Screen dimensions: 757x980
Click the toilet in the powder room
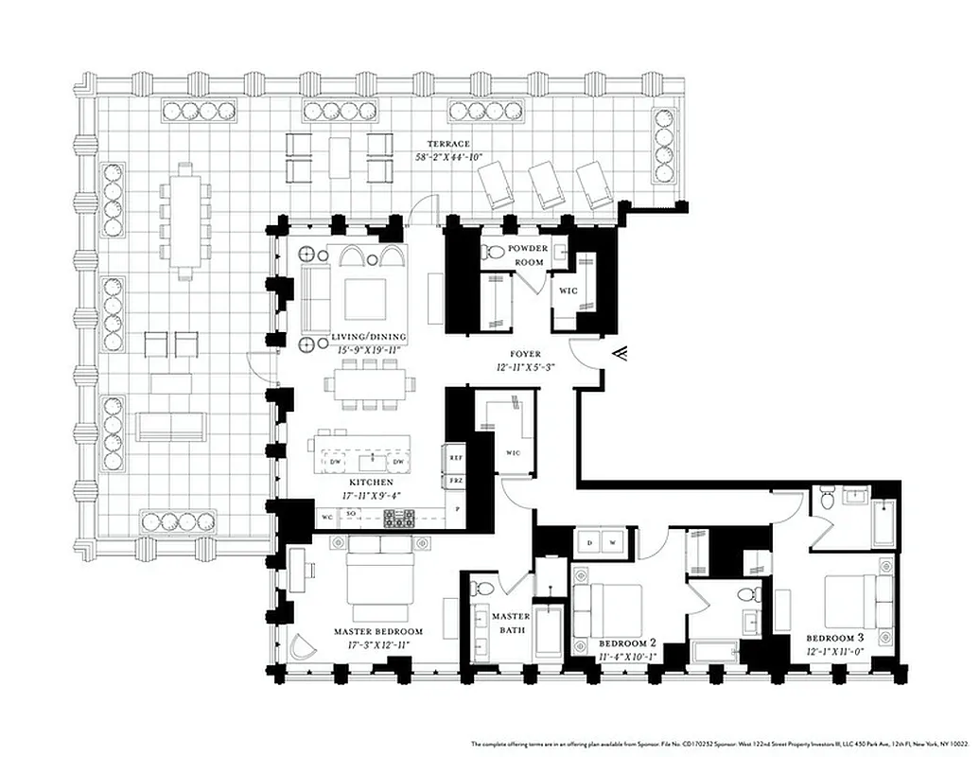(493, 253)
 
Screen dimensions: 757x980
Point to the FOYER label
(524, 354)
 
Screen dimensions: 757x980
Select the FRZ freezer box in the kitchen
(456, 479)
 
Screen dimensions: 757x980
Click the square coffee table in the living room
(365, 299)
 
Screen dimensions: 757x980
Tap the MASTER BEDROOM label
(378, 631)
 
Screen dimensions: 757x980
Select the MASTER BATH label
(511, 624)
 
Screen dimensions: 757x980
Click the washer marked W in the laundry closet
(612, 543)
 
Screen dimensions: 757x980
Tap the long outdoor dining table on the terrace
(185, 220)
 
